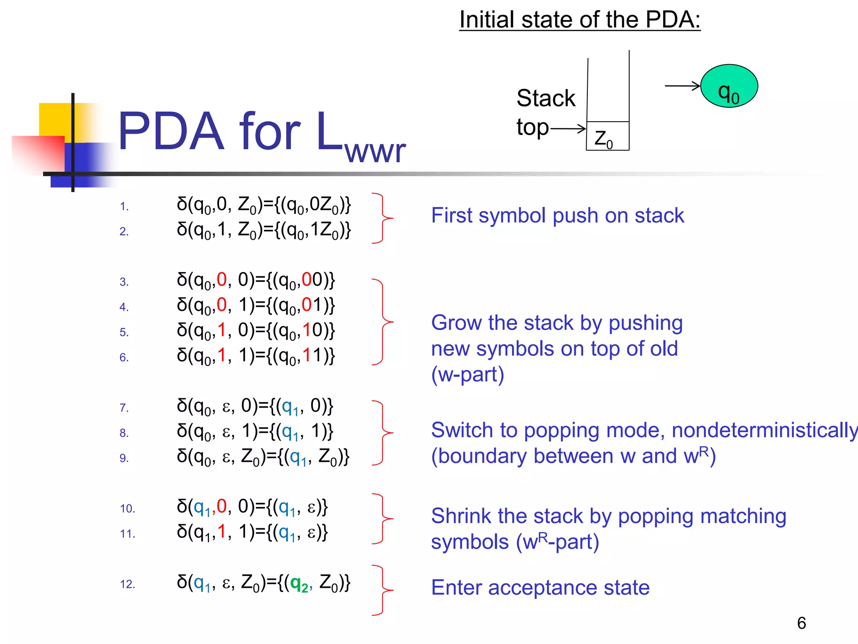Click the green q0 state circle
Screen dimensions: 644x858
[x=729, y=86]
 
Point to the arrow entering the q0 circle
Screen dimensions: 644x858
[x=682, y=86]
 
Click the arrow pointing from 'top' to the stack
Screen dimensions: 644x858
[x=568, y=128]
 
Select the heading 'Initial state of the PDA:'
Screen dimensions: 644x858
[x=580, y=20]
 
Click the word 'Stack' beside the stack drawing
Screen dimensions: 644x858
[x=546, y=99]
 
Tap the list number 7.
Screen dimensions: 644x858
[x=124, y=408]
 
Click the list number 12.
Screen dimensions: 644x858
[x=127, y=584]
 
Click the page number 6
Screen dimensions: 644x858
[x=801, y=623]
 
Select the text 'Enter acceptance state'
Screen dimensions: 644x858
[x=540, y=587]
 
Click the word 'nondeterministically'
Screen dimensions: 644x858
[x=765, y=431]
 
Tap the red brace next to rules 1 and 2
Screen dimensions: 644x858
[x=382, y=218]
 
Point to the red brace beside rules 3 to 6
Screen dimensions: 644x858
[x=382, y=322]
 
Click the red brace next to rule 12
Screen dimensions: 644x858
[x=382, y=590]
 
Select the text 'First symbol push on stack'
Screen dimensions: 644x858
[x=558, y=216]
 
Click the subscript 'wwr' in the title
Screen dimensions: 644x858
[x=375, y=152]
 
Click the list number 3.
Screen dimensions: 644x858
[x=124, y=282]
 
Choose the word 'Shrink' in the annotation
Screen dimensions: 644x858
[x=460, y=516]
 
